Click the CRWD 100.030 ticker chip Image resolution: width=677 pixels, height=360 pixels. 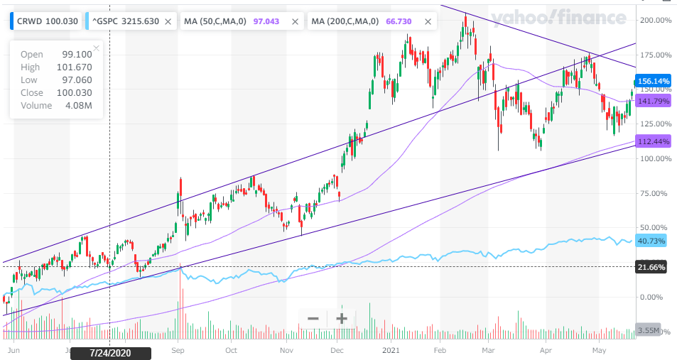(x=44, y=21)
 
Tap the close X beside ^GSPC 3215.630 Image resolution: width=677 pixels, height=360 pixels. (x=167, y=22)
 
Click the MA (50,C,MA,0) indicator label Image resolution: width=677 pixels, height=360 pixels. (x=215, y=21)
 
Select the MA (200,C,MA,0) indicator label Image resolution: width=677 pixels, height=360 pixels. (x=348, y=21)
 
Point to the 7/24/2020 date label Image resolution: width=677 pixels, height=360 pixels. (x=110, y=352)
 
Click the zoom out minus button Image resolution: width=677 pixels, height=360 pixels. (x=313, y=318)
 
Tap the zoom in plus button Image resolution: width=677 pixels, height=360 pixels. (x=342, y=318)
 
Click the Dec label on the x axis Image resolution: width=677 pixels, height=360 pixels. (x=337, y=350)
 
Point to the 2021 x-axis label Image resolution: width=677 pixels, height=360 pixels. (x=391, y=350)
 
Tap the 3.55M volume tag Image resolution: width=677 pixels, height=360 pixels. (x=647, y=330)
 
